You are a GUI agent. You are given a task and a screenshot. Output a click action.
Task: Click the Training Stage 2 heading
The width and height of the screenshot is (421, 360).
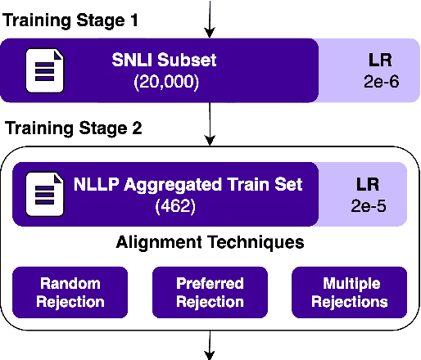(74, 128)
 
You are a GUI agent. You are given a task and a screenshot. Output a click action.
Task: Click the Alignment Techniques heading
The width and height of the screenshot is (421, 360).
(210, 242)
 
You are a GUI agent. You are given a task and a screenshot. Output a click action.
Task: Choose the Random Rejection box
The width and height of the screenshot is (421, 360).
(70, 292)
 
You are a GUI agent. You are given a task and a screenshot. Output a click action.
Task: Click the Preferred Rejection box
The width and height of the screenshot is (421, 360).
(210, 292)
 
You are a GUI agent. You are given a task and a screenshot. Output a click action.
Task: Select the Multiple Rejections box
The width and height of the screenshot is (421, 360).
(349, 292)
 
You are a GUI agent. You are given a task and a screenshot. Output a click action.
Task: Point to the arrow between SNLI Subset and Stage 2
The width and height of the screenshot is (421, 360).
(210, 123)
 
